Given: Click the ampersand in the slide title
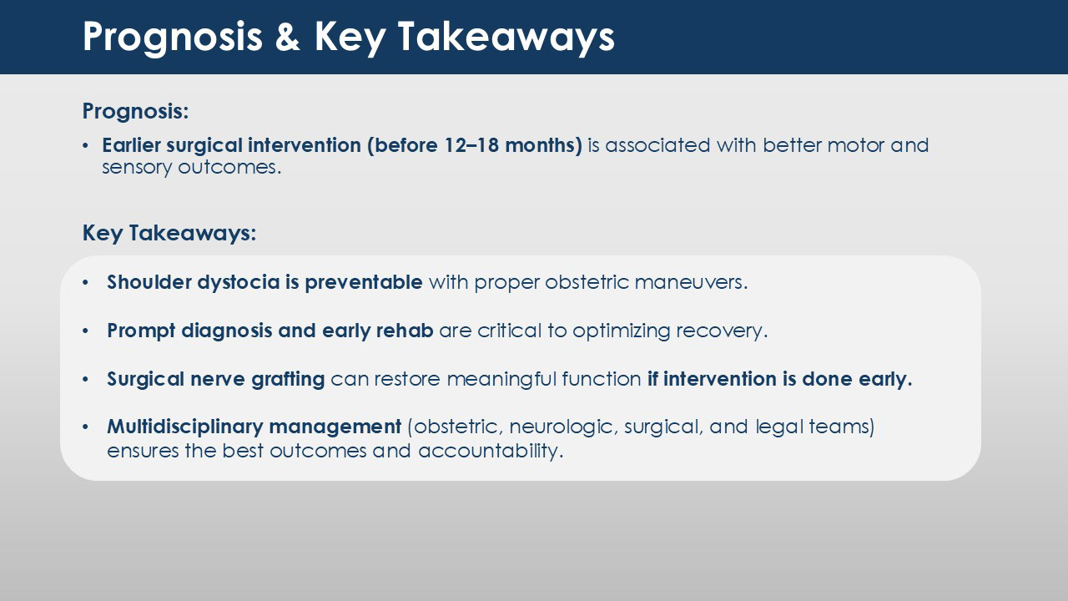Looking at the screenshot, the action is [288, 36].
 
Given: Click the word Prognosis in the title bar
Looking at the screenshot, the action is [172, 38].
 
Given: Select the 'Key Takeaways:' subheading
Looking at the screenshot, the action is [169, 234].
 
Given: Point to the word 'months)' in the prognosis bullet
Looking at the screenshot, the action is [543, 146].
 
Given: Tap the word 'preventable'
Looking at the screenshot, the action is [363, 283].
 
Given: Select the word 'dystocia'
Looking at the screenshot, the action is [239, 283].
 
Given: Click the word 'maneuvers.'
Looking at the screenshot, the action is [692, 283].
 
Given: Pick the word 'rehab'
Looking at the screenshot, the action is [405, 331].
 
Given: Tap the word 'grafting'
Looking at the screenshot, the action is [288, 380].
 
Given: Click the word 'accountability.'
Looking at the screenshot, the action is [491, 452].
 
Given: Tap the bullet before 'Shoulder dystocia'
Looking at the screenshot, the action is [85, 283].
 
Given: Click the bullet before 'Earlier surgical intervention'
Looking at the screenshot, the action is [85, 146].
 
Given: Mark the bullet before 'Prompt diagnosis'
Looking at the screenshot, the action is [85, 331].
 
